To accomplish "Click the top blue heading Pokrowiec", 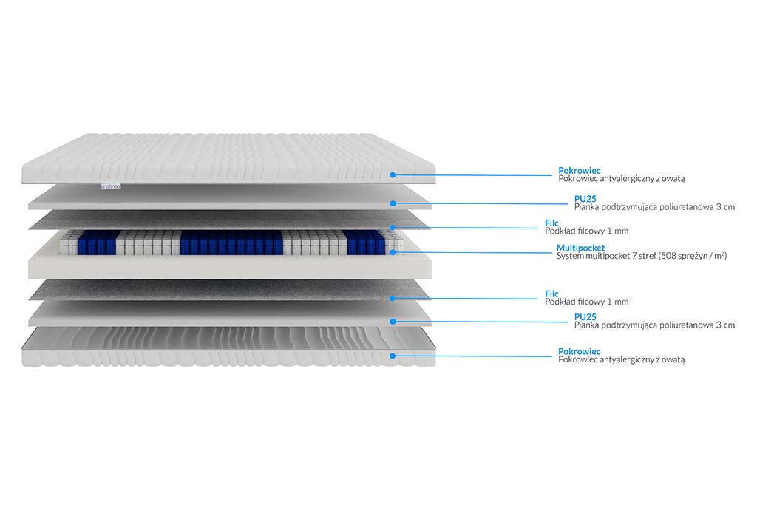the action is pos(580,170).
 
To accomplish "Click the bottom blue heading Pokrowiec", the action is pos(580,351).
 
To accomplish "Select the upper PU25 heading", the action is pos(585,199).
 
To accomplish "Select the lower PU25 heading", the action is pos(585,317).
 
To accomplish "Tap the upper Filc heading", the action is pos(551,223).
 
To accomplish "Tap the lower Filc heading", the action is pos(551,294).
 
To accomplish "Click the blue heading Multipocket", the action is pos(580,248).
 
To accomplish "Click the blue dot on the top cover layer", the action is pos(393,175).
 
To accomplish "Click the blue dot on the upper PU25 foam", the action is pos(393,204).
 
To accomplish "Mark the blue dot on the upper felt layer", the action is pos(393,228).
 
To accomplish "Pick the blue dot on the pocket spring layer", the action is pos(393,252).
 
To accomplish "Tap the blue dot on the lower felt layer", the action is pos(393,299).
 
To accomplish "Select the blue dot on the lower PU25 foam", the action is pos(393,322).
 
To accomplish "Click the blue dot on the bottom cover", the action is pos(393,356).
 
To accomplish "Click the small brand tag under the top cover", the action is pos(111,186).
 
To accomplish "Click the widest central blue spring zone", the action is pos(231,243).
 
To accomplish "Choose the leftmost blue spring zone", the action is pos(98,243).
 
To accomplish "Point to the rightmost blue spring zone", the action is pos(366,242).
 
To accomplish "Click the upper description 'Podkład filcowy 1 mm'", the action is pos(586,231).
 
